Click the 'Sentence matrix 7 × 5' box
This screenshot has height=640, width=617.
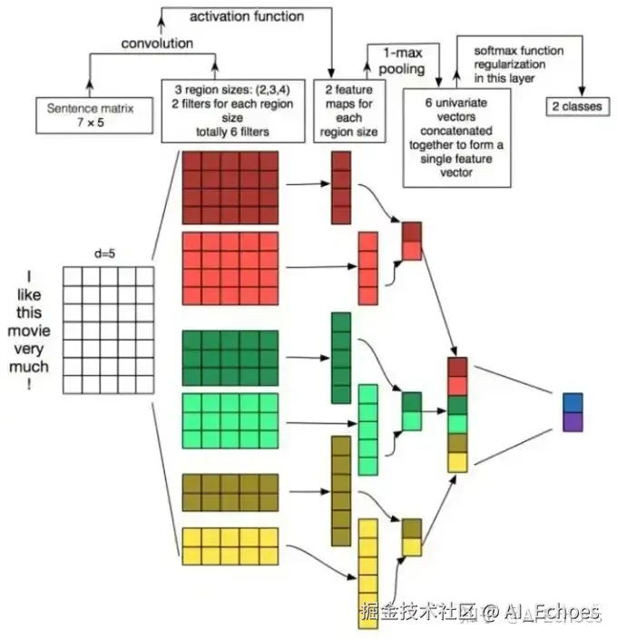(x=90, y=113)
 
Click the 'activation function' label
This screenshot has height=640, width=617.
(x=247, y=16)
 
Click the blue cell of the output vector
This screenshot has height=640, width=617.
(x=573, y=402)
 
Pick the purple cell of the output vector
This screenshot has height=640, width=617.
(x=573, y=421)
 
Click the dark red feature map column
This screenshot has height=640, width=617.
(x=340, y=187)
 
